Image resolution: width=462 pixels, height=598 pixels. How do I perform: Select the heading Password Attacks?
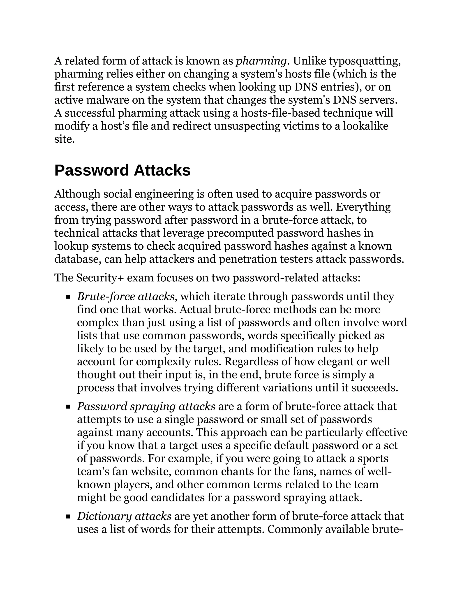point(122,170)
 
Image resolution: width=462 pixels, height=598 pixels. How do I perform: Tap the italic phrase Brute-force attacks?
point(126,297)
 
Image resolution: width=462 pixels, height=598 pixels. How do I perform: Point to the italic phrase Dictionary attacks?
point(124,516)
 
